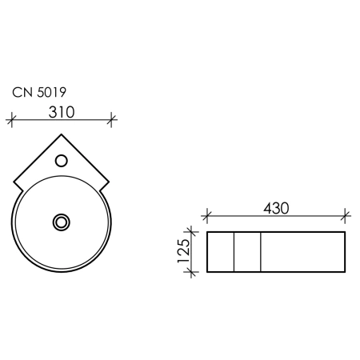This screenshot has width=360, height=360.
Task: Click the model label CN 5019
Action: tap(39, 92)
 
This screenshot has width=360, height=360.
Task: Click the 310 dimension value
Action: tap(62, 112)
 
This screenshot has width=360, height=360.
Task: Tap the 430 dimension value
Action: tap(276, 208)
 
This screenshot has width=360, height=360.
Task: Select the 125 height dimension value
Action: tap(184, 250)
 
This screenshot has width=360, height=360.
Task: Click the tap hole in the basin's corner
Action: tap(62, 161)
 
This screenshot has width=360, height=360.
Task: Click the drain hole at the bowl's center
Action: tap(62, 222)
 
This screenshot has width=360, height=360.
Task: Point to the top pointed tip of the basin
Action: tap(62, 134)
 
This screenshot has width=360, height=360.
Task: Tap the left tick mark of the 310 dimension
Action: tap(11, 120)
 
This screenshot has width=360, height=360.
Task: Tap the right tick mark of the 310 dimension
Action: tap(111, 120)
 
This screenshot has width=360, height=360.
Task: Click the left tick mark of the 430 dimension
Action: tap(207, 215)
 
